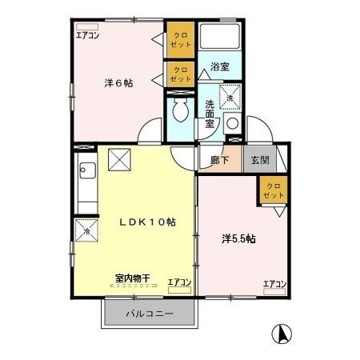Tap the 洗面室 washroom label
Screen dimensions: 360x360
point(209,114)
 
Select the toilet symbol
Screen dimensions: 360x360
point(180,111)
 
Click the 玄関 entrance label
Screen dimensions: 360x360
point(259,159)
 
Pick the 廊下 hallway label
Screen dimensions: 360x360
point(219,159)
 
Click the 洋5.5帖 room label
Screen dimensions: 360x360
point(238,238)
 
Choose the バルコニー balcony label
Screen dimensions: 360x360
point(149,313)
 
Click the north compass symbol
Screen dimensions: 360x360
point(281,331)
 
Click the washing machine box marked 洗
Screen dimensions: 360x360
point(230,94)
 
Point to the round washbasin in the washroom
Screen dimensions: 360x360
point(231,123)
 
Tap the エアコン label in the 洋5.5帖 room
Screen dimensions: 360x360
point(274,284)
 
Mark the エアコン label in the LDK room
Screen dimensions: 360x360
point(179,282)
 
